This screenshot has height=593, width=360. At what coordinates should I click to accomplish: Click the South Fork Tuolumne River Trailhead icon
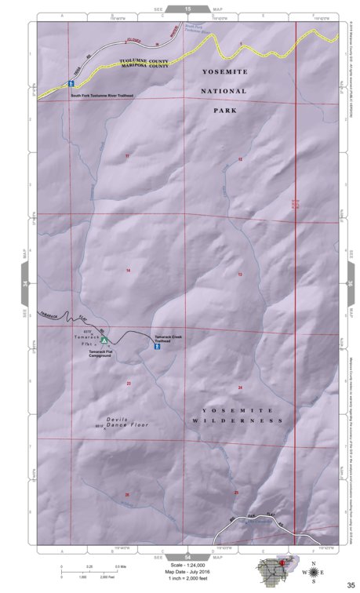click(x=71, y=82)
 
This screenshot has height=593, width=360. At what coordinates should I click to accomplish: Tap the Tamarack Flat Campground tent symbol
click(x=104, y=340)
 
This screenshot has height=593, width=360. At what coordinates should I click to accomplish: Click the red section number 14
click(x=127, y=270)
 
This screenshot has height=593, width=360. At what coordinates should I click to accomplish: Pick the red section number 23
click(x=128, y=383)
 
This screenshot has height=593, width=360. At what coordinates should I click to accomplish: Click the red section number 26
click(x=126, y=494)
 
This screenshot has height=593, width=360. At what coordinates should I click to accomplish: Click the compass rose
click(x=314, y=573)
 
